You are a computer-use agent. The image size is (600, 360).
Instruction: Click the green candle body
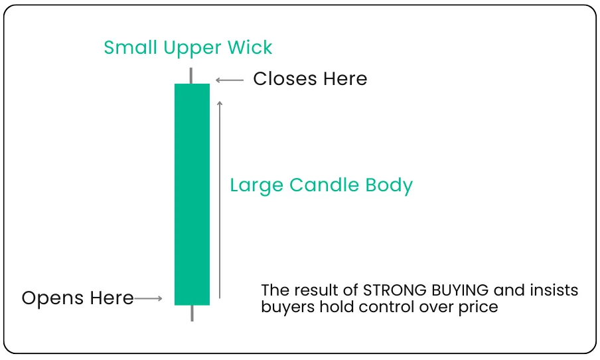click(x=192, y=194)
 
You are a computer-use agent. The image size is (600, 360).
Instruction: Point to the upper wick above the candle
click(x=192, y=75)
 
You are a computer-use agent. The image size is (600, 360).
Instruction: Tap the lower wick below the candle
click(x=192, y=313)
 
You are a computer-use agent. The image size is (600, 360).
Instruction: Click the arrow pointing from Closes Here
click(x=230, y=80)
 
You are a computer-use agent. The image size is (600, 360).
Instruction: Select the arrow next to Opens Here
click(x=148, y=299)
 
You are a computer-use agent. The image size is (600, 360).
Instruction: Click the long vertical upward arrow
click(x=220, y=199)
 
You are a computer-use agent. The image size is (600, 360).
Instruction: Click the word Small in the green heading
click(x=127, y=48)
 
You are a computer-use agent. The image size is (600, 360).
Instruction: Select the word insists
click(x=556, y=290)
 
